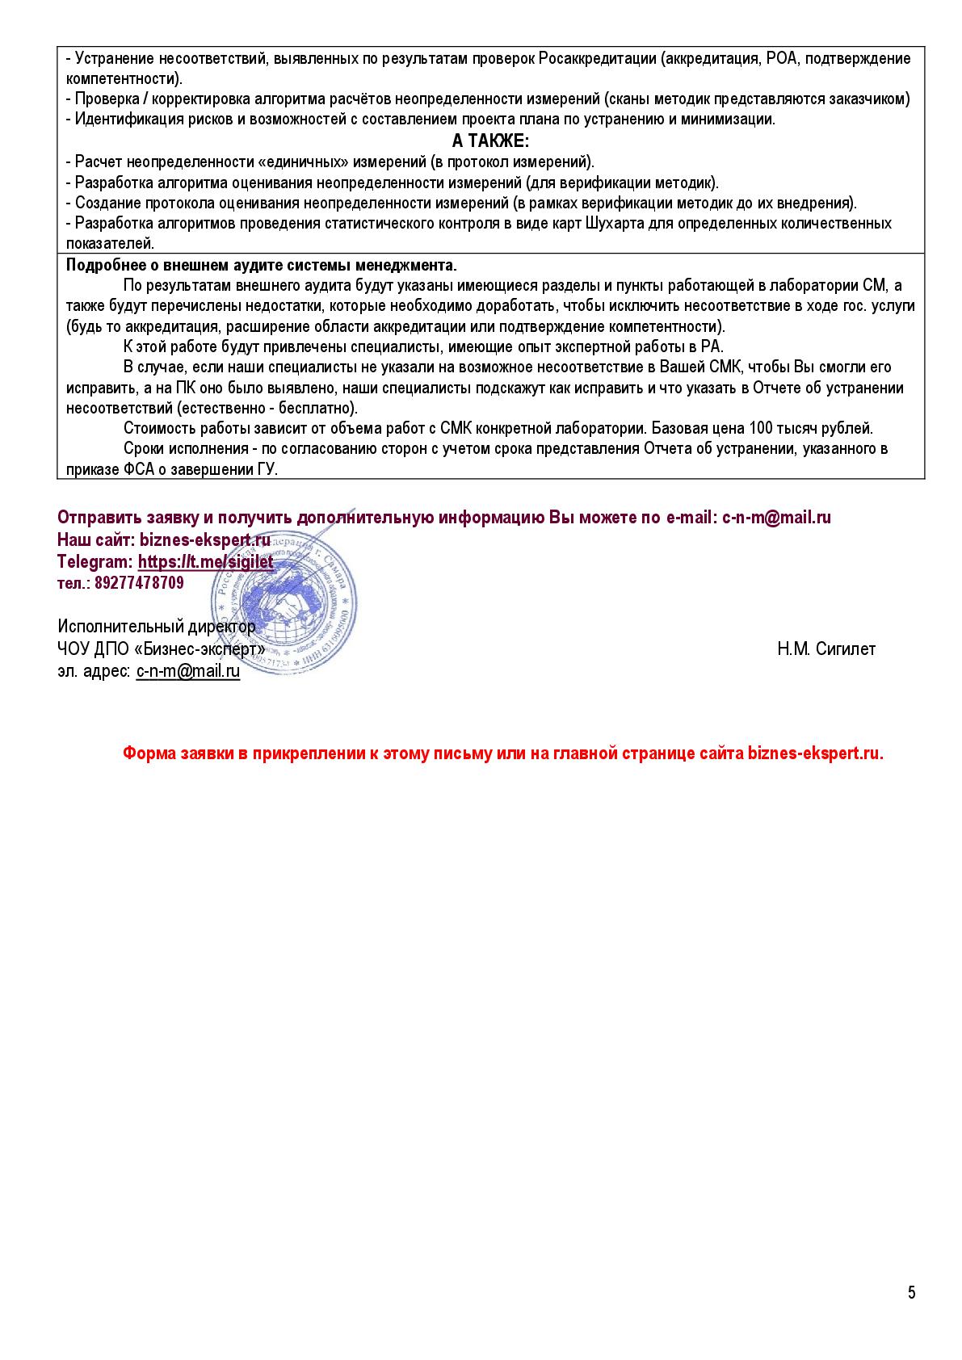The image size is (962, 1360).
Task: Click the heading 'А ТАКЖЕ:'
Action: [x=490, y=141]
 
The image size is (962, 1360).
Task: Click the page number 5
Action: [x=912, y=1293]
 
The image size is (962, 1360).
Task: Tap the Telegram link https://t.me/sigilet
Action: [x=205, y=561]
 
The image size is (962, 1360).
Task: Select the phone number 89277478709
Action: [x=139, y=582]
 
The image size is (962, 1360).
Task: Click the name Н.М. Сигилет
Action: [x=826, y=649]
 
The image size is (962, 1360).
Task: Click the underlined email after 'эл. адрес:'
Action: [x=187, y=671]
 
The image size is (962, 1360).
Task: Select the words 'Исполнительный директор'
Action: [x=156, y=626]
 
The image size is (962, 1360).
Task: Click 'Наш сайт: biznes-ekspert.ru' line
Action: [x=164, y=539]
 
